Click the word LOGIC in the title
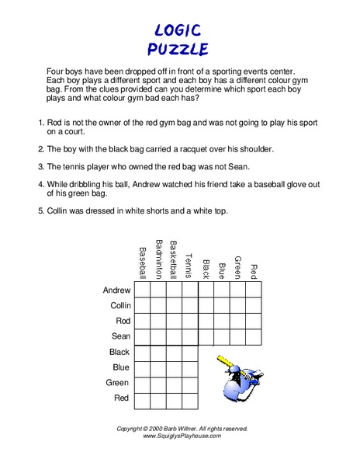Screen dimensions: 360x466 pyautogui.click(x=178, y=30)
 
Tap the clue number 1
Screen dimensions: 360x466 pyautogui.click(x=40, y=123)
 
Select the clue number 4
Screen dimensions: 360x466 pyautogui.click(x=40, y=185)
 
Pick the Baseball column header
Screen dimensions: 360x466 pyautogui.click(x=142, y=263)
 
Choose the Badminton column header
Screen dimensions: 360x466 pyautogui.click(x=158, y=259)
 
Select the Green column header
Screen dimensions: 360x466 pyautogui.click(x=238, y=266)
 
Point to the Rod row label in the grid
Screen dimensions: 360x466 pyautogui.click(x=123, y=321)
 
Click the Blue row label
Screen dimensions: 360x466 pyautogui.click(x=121, y=367)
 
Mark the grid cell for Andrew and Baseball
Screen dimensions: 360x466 pyautogui.click(x=142, y=290)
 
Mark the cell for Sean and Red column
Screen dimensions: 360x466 pyautogui.click(x=254, y=336)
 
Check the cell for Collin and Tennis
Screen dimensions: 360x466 pyautogui.click(x=190, y=305)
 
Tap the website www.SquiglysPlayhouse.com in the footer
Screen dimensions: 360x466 pyautogui.click(x=182, y=436)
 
